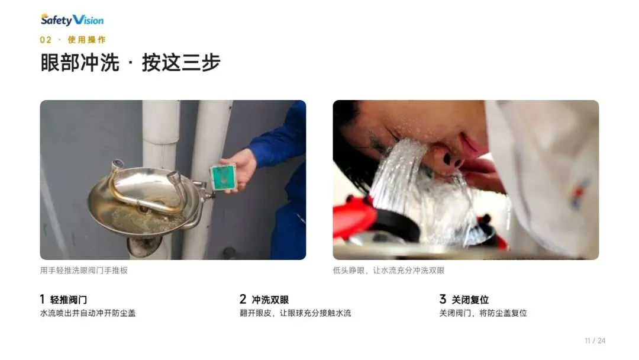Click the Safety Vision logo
click(72, 20)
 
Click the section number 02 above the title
click(46, 40)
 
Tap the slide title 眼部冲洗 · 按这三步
click(130, 62)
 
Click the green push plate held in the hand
click(223, 178)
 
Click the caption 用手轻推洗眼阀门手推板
click(84, 271)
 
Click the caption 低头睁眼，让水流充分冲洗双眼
click(388, 271)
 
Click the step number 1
click(42, 299)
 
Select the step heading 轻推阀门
click(69, 300)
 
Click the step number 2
click(243, 299)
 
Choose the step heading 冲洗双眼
click(270, 300)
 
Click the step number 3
click(443, 299)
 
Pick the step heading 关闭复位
click(470, 300)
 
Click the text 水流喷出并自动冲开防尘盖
click(88, 313)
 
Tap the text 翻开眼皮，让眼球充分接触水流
click(295, 313)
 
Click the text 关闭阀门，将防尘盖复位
click(483, 313)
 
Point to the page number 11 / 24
click(595, 341)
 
